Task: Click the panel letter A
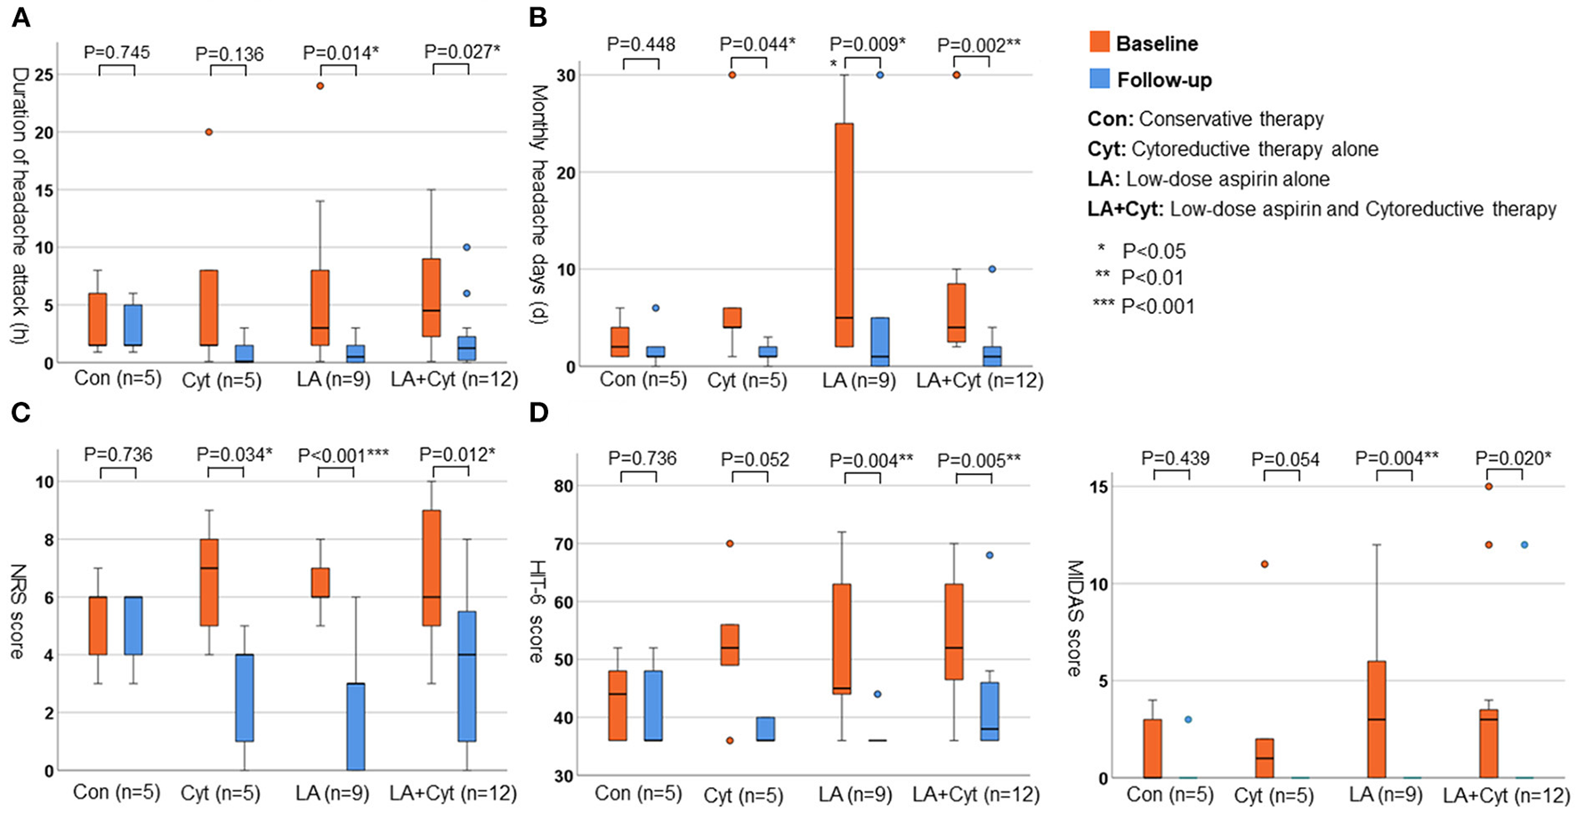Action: (x=20, y=18)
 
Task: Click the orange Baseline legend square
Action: (x=1099, y=43)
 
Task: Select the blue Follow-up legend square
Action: (x=1099, y=79)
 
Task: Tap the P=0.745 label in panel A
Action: (x=117, y=52)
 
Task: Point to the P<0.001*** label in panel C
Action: (x=343, y=455)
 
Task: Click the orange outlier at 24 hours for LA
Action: (x=320, y=86)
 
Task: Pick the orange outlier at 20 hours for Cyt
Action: (x=209, y=132)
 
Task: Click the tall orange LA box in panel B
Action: (x=844, y=234)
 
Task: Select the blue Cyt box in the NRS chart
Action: (x=244, y=697)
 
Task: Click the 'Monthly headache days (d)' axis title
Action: (x=538, y=205)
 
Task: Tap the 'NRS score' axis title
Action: (x=17, y=611)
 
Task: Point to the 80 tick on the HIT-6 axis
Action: (x=562, y=487)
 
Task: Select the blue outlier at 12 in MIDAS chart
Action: (x=1524, y=544)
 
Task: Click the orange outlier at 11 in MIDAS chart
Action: (x=1264, y=564)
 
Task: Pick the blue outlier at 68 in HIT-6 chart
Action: (x=989, y=555)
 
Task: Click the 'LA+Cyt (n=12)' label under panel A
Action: (x=454, y=380)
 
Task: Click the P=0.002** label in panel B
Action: (x=979, y=45)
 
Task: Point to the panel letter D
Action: (x=538, y=413)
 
